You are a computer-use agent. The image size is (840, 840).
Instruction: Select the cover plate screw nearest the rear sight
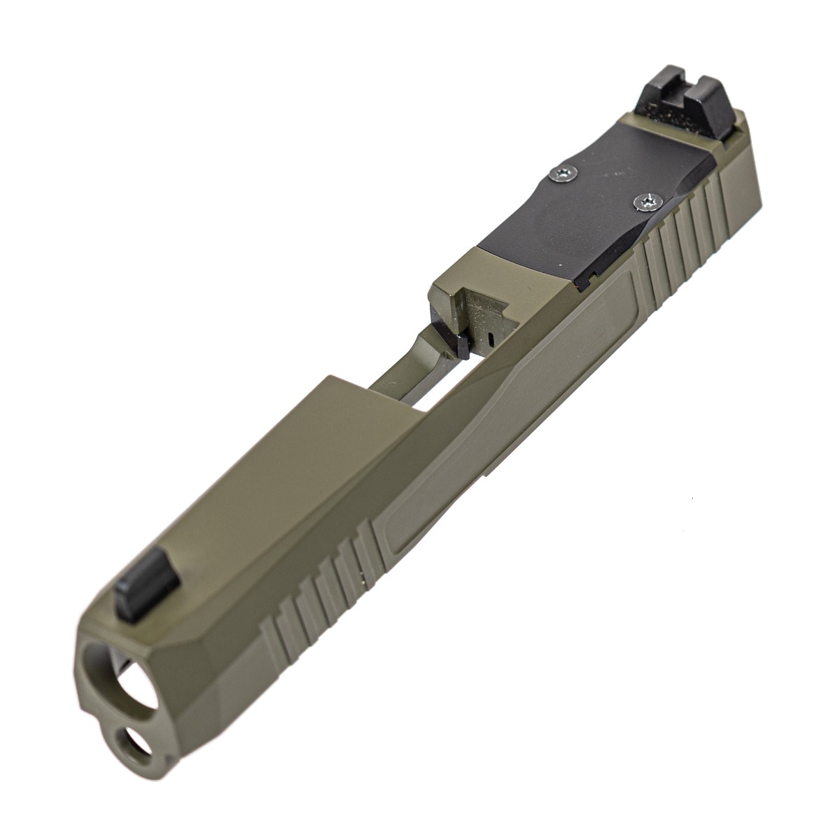pyautogui.click(x=562, y=174)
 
